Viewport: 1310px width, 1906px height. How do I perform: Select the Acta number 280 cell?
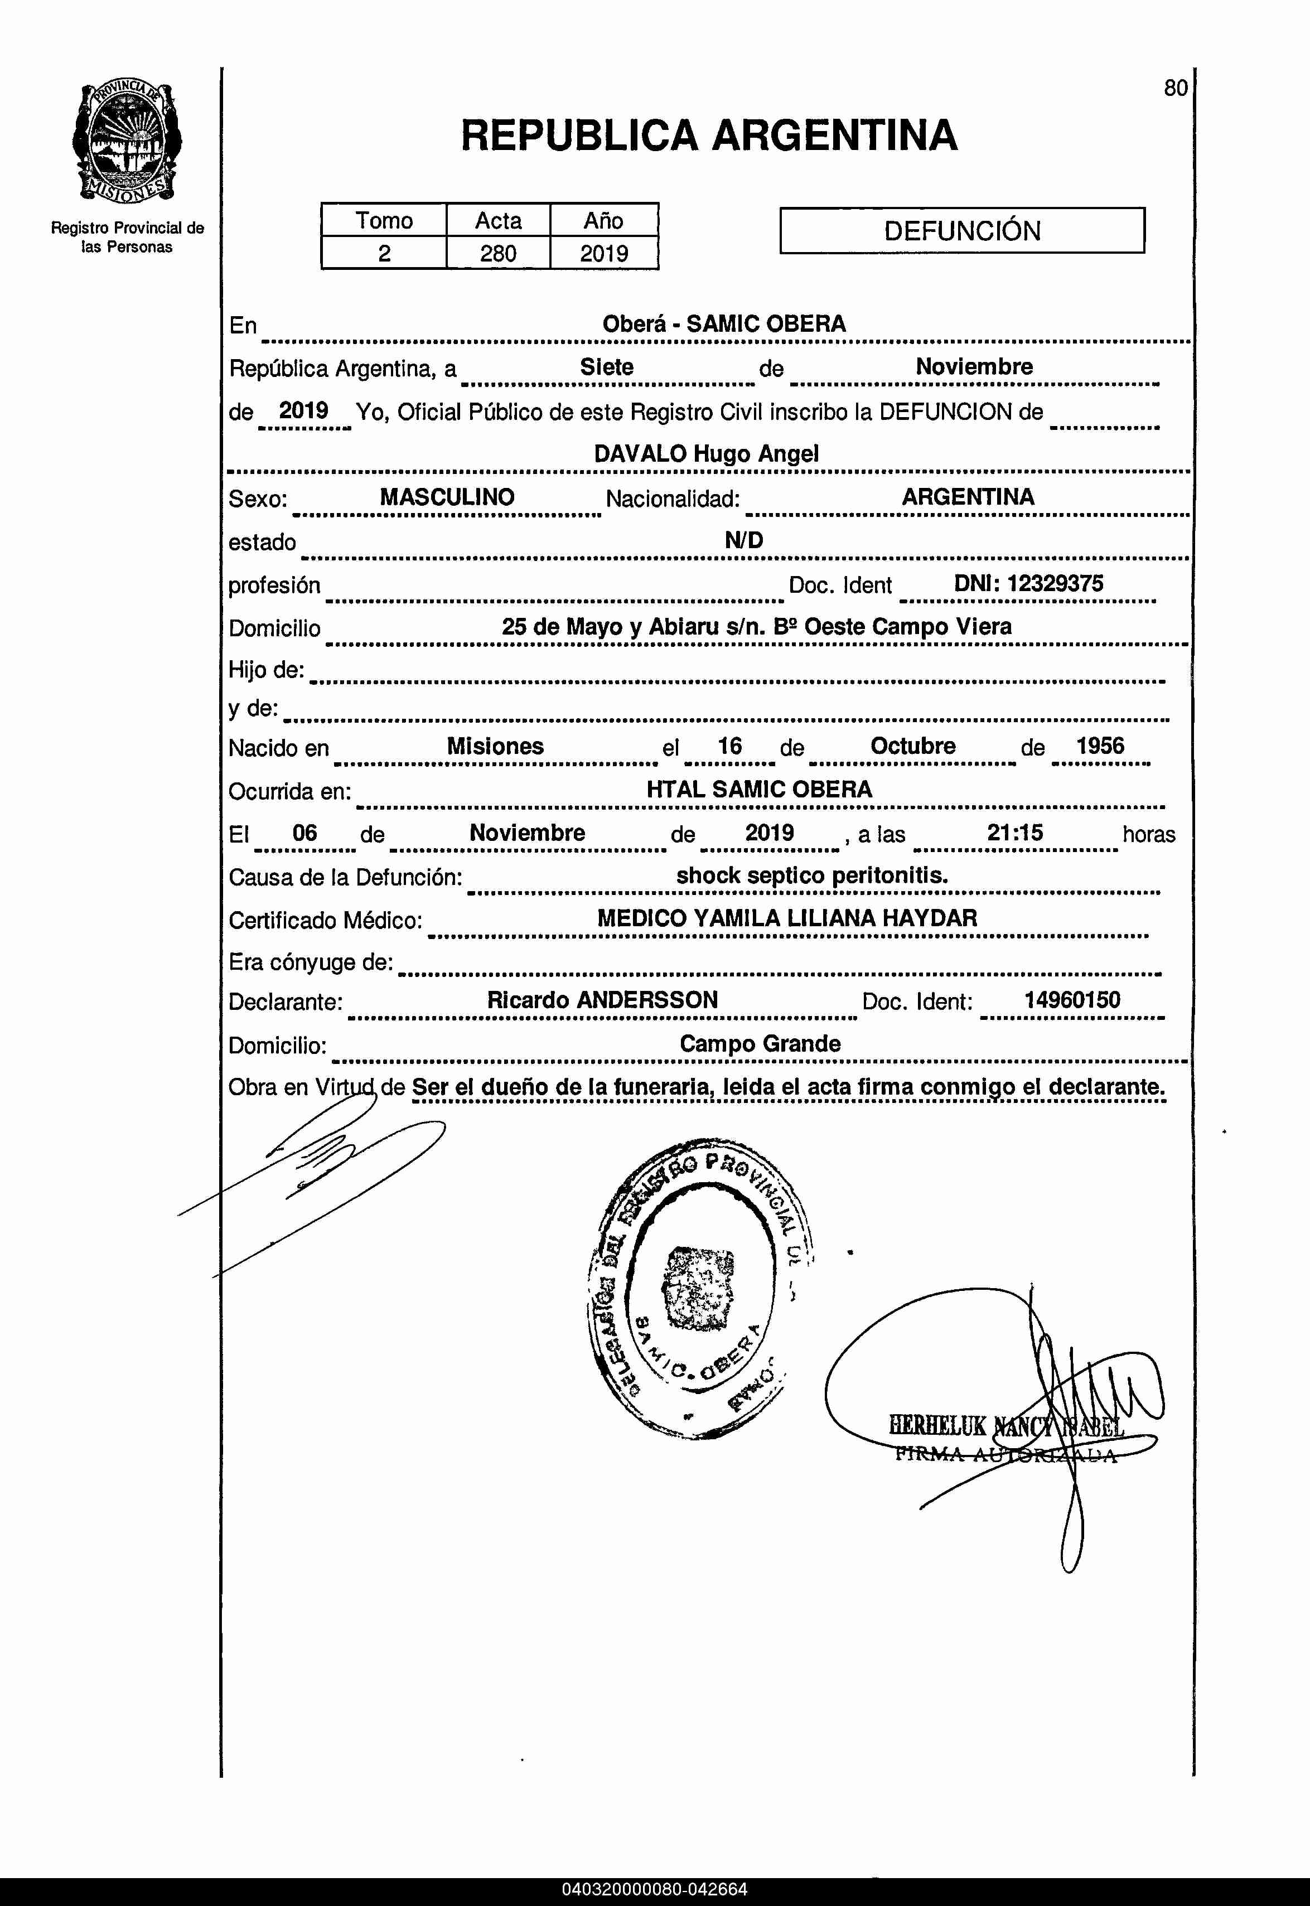(x=498, y=254)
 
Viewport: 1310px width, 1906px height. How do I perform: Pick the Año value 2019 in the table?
(x=604, y=254)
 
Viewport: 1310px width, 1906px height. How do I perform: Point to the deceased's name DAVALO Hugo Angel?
(x=706, y=454)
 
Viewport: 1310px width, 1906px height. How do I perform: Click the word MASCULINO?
(x=447, y=497)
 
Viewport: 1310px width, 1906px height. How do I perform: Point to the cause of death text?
(x=812, y=875)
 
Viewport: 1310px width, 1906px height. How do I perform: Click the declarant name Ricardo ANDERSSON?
(x=602, y=1000)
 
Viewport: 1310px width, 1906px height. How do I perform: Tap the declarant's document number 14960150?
(x=1072, y=1000)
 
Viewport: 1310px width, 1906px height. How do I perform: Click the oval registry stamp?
(x=700, y=1288)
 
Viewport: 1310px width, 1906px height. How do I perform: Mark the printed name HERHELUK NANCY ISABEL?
(x=1006, y=1425)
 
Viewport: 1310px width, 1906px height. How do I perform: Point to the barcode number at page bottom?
(x=654, y=1890)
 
